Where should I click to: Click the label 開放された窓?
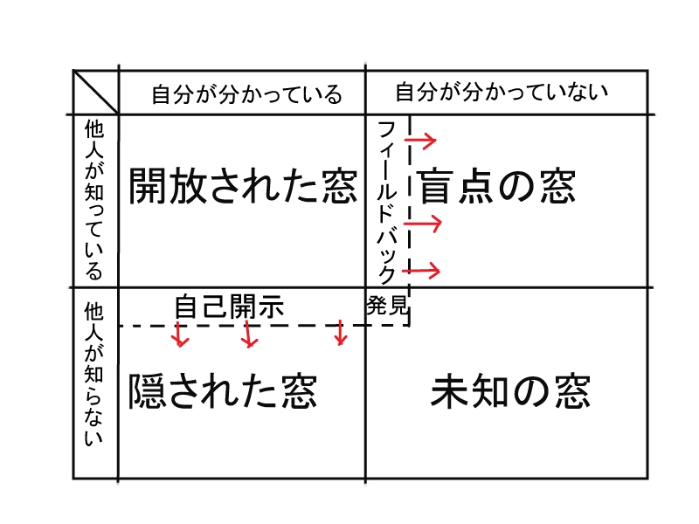pyautogui.click(x=243, y=186)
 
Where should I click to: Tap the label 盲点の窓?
pyautogui.click(x=496, y=186)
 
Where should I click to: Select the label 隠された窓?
pyautogui.click(x=222, y=390)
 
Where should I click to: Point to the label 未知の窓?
pyautogui.click(x=510, y=392)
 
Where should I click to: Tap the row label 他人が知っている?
pyautogui.click(x=94, y=200)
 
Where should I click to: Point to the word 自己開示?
pyautogui.click(x=230, y=307)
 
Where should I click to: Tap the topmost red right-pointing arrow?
pyautogui.click(x=420, y=139)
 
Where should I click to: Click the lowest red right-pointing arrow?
pyautogui.click(x=423, y=271)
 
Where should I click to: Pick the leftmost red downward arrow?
pyautogui.click(x=180, y=334)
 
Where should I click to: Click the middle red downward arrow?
pyautogui.click(x=250, y=334)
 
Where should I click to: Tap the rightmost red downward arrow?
pyautogui.click(x=341, y=333)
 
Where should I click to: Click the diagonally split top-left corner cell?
pyautogui.click(x=95, y=92)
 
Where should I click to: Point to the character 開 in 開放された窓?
pyautogui.click(x=148, y=186)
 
